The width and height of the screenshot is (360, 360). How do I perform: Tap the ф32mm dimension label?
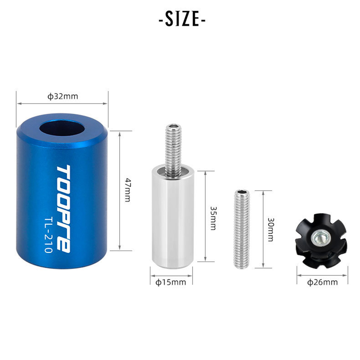[63, 96]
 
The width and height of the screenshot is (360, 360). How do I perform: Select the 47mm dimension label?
[127, 190]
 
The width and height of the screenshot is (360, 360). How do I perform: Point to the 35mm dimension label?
[213, 218]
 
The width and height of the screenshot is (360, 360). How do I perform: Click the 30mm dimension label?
[270, 229]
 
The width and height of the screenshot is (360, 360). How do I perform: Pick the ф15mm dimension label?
[171, 282]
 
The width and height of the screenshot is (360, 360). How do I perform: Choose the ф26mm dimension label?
[322, 282]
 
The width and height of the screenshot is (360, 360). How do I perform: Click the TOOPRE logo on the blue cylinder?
[63, 209]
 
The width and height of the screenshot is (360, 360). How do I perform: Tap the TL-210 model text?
[48, 234]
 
